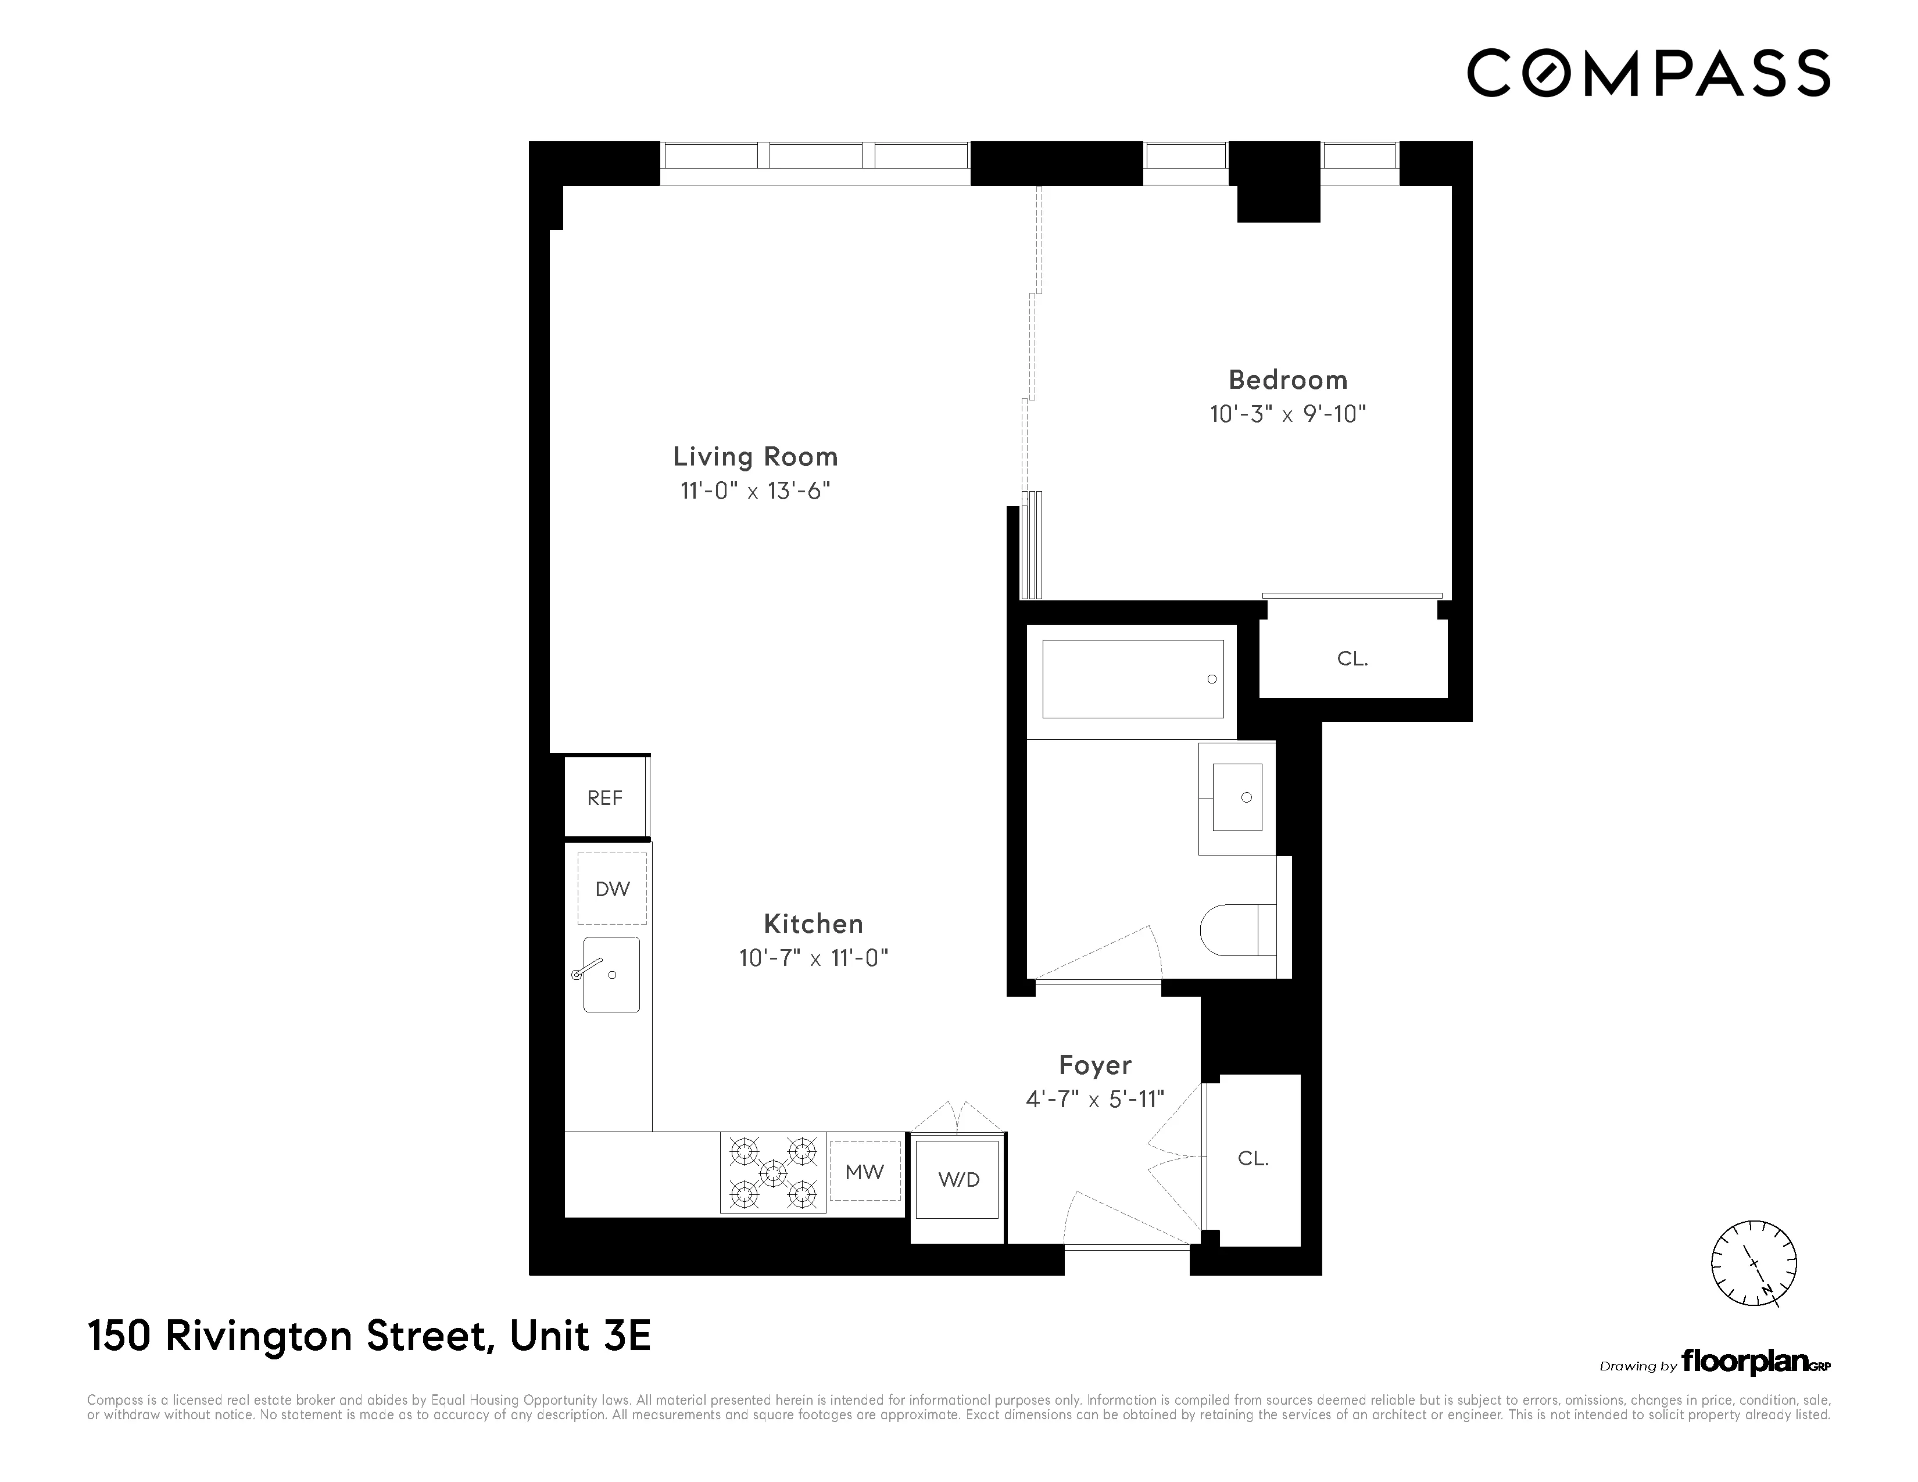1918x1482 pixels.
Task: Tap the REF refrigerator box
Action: click(x=605, y=797)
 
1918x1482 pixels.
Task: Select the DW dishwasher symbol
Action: click(x=612, y=889)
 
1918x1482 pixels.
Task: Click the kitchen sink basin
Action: click(x=612, y=975)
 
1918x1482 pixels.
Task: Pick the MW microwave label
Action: click(x=864, y=1171)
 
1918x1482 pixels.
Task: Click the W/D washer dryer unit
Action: click(x=958, y=1180)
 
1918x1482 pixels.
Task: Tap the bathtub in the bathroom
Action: click(x=1132, y=679)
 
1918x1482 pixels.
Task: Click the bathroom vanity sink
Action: click(x=1236, y=797)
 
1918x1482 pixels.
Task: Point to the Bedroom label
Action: click(x=1287, y=380)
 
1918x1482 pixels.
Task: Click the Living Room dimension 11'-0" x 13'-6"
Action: click(x=755, y=490)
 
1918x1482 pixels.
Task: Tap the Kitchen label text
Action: click(x=813, y=923)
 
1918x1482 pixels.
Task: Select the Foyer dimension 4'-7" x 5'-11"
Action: click(x=1094, y=1098)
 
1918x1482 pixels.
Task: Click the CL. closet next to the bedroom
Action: click(x=1352, y=658)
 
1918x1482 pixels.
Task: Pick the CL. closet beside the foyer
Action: click(x=1253, y=1158)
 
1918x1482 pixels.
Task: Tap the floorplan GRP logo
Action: click(x=1755, y=1363)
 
